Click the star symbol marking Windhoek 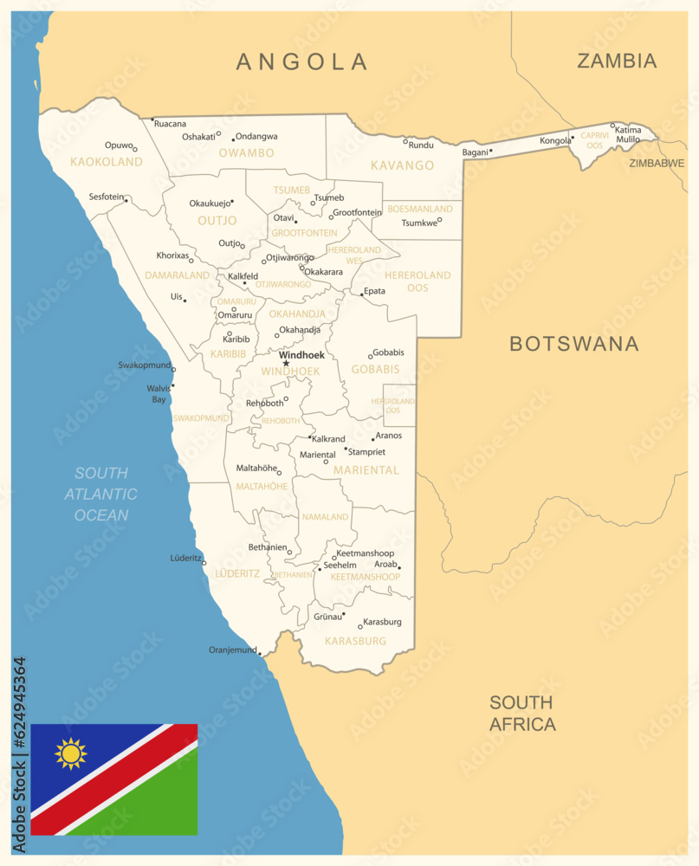[x=286, y=364]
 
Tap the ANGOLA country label [x=302, y=61]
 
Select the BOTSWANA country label [x=573, y=344]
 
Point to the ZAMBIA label [x=617, y=61]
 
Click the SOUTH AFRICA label [x=522, y=714]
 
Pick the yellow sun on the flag [x=71, y=754]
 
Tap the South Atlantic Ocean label [x=100, y=494]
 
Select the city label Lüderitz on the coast [x=186, y=559]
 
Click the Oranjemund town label [x=233, y=649]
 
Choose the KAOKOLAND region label [x=106, y=162]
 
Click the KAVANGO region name [x=402, y=165]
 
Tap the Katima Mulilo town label [x=628, y=134]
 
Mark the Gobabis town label [x=388, y=352]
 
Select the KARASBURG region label [x=355, y=641]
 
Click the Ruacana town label [x=170, y=124]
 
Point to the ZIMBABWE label [x=657, y=163]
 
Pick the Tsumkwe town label [x=418, y=223]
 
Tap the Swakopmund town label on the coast [x=144, y=365]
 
